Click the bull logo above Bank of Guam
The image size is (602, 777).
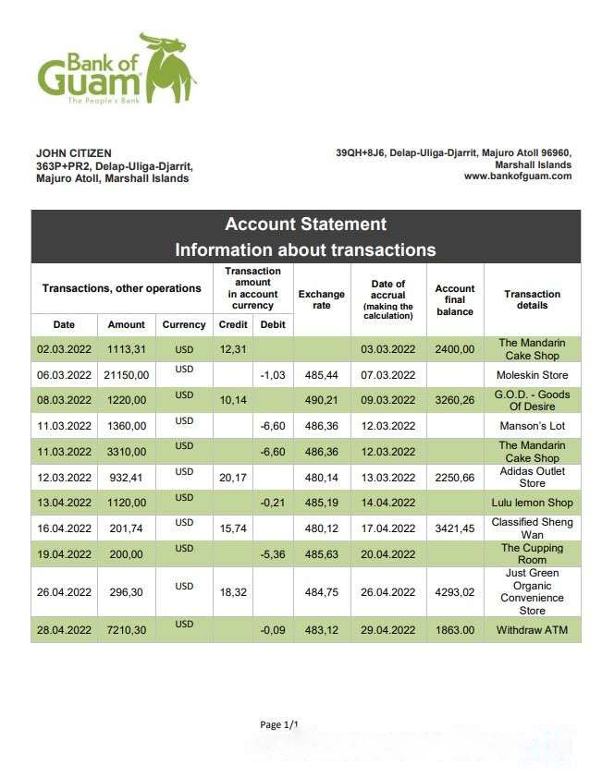point(167,67)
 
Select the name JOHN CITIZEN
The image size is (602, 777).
point(73,153)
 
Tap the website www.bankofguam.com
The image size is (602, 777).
point(518,176)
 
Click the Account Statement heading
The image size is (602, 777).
point(305,225)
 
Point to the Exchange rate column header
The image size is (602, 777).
point(321,300)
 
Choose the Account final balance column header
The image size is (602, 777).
point(454,300)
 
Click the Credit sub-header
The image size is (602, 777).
point(232,325)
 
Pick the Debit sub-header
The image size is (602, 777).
point(273,325)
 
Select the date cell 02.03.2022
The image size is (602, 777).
point(64,349)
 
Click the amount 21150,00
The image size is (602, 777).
point(126,375)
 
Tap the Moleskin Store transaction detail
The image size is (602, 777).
point(532,375)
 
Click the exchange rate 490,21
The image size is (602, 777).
point(321,401)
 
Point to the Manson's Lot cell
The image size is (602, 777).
point(532,426)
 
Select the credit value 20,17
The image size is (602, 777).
point(232,478)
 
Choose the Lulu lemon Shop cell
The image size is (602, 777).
point(532,503)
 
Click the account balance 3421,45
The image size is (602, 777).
point(454,528)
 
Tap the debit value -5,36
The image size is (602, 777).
point(273,554)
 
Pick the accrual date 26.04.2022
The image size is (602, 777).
point(387,592)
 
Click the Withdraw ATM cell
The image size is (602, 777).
point(532,630)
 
